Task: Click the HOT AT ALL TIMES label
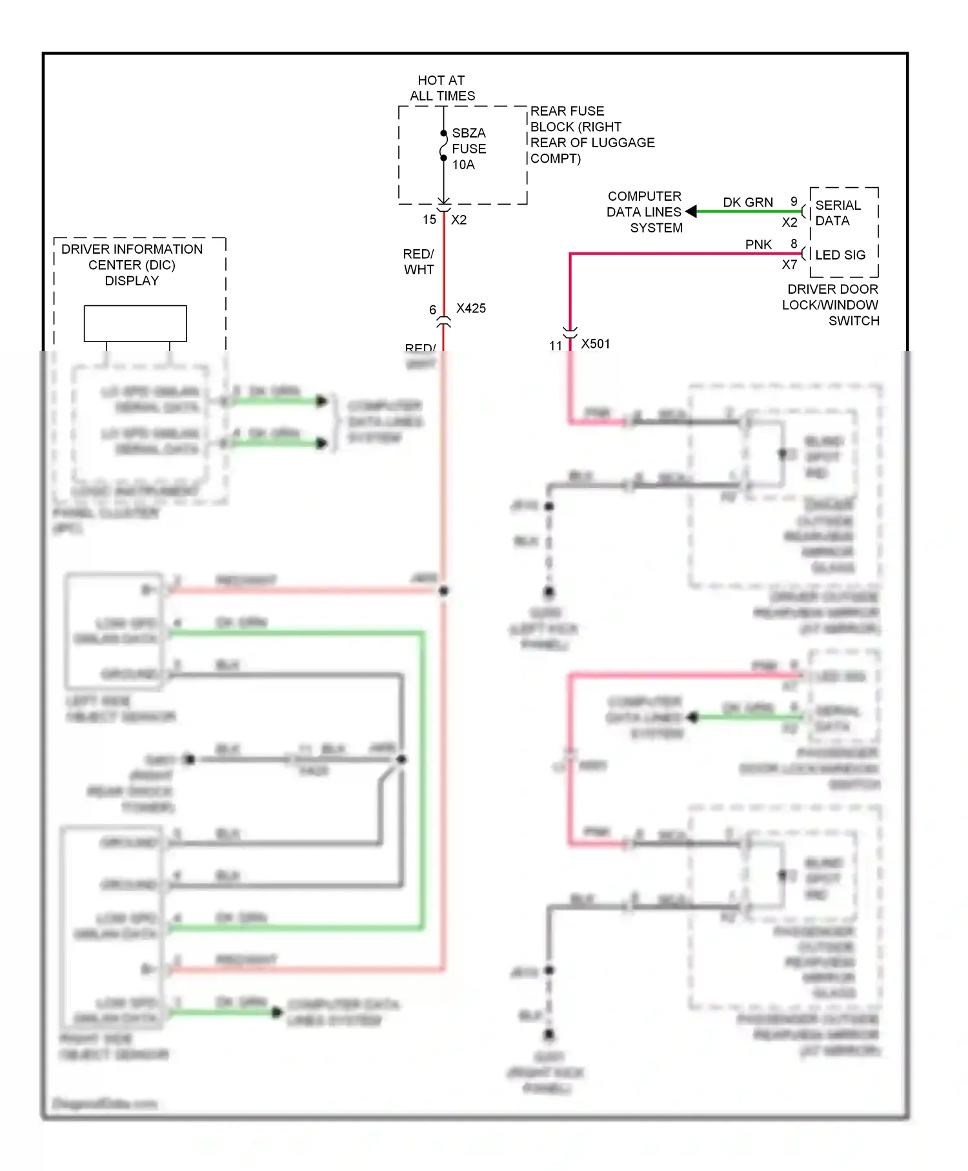point(442,88)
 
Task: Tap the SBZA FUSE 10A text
point(469,148)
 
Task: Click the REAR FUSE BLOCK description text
point(592,134)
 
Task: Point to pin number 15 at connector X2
point(429,220)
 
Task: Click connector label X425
point(471,309)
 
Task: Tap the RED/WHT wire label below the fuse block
point(419,262)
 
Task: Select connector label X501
point(595,344)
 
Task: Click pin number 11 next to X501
point(556,346)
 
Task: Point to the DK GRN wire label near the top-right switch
point(747,203)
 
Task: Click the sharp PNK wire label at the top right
point(758,245)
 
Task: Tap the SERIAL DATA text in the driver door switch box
point(838,213)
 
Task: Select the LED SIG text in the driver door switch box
point(840,255)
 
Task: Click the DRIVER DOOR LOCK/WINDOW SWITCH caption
point(831,305)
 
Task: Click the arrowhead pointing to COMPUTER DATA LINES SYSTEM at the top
point(691,211)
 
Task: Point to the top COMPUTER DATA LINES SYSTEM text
point(644,212)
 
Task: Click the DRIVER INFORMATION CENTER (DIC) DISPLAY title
point(132,265)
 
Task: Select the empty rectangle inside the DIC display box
point(136,323)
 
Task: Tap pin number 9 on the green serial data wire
point(794,201)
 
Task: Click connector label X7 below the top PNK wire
point(789,265)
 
